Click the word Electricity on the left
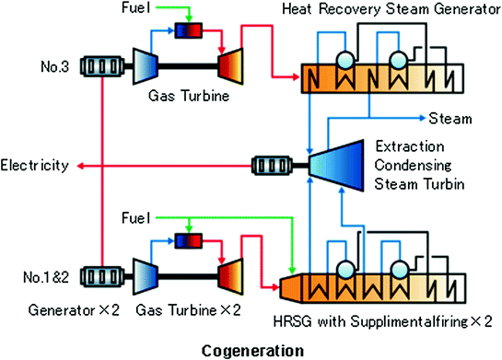point(35,166)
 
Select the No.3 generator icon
point(105,66)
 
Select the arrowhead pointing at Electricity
point(79,166)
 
